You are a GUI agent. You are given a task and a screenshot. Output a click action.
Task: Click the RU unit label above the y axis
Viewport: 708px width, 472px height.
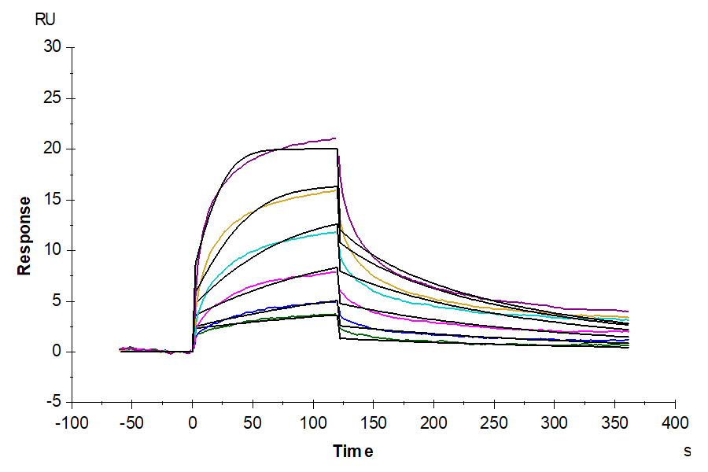46,20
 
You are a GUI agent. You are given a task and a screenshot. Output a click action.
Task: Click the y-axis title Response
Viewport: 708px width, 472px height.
25,235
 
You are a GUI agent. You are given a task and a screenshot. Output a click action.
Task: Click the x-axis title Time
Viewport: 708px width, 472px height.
352,451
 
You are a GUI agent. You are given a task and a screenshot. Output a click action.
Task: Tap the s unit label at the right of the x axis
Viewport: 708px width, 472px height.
687,451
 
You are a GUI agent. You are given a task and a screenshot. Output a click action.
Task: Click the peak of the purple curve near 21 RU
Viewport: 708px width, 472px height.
334,138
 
